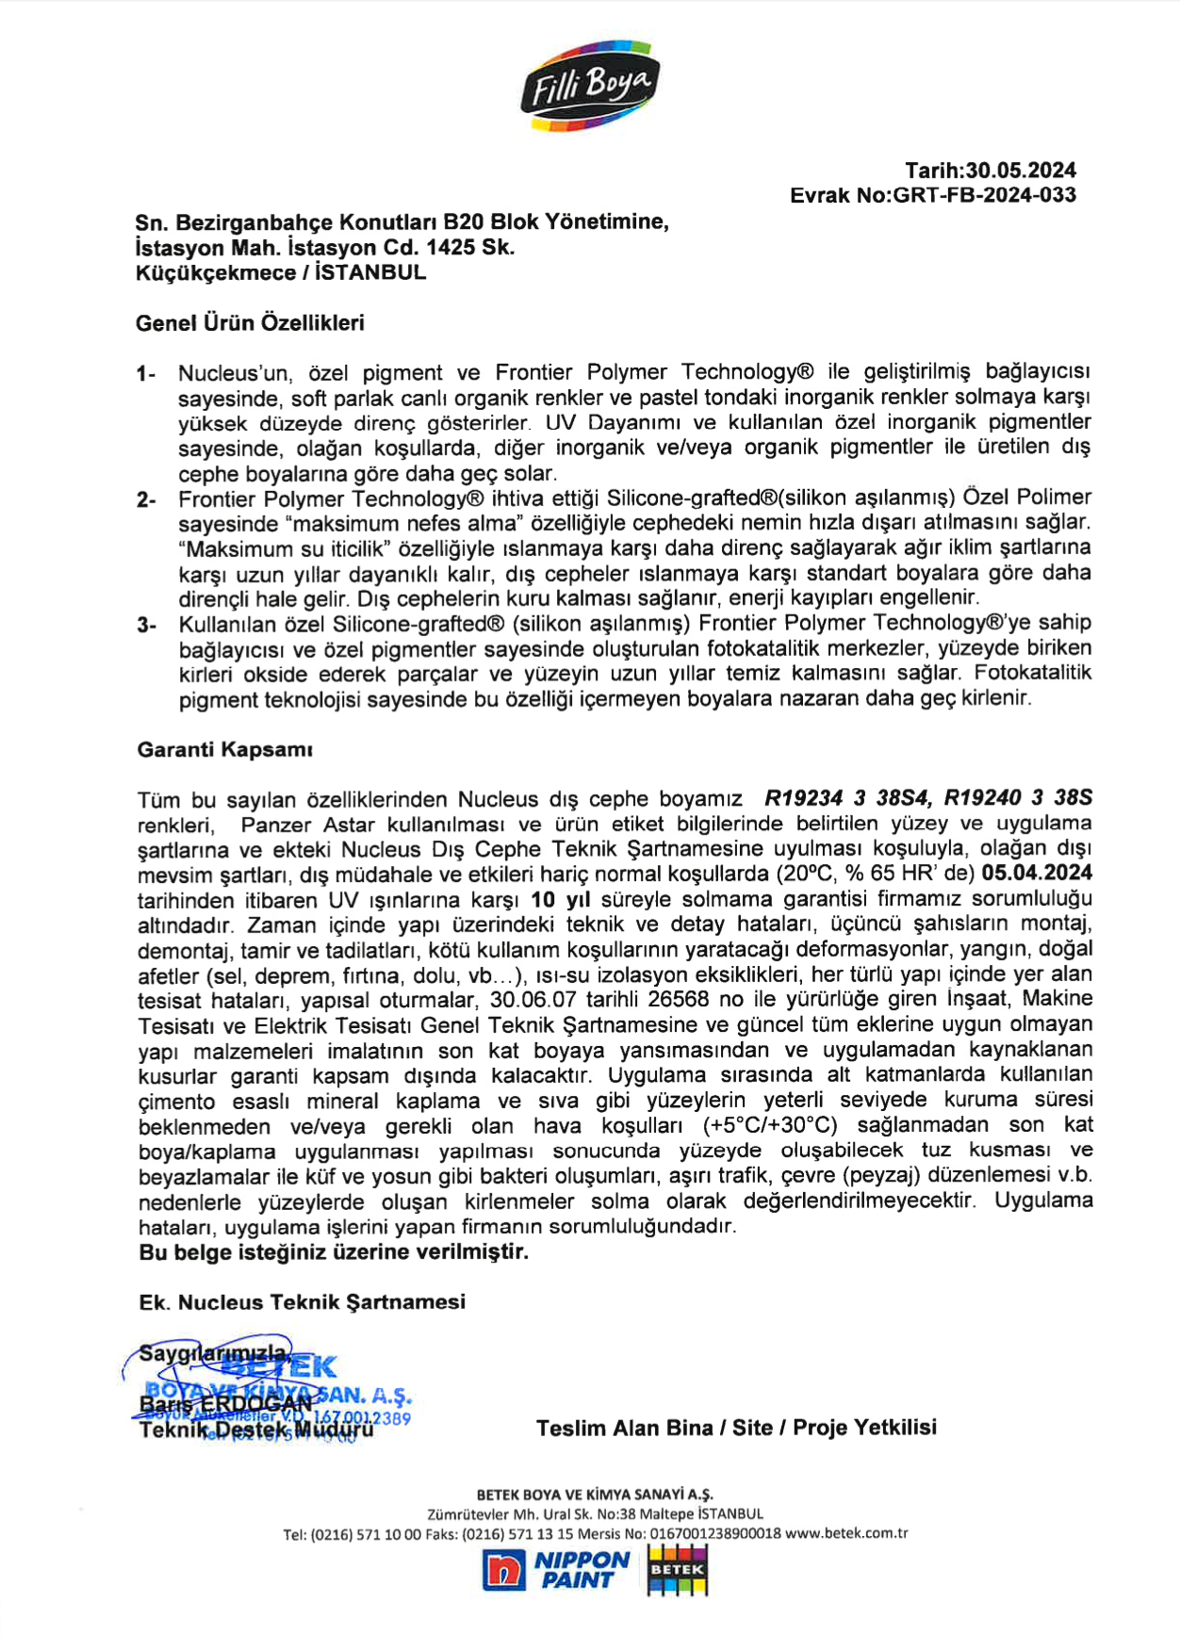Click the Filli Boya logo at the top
(589, 86)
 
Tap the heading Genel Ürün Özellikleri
(250, 323)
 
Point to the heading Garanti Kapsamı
(224, 750)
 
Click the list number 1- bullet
(145, 374)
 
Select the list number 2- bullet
(145, 499)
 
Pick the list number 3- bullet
(145, 625)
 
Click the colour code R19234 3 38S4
(847, 798)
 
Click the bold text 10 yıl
(561, 899)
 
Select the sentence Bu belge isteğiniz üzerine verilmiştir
(334, 1251)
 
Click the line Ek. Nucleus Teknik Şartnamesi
(302, 1302)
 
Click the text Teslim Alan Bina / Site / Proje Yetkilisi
(736, 1428)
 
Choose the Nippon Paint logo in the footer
(555, 1570)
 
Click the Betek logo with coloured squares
(677, 1572)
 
